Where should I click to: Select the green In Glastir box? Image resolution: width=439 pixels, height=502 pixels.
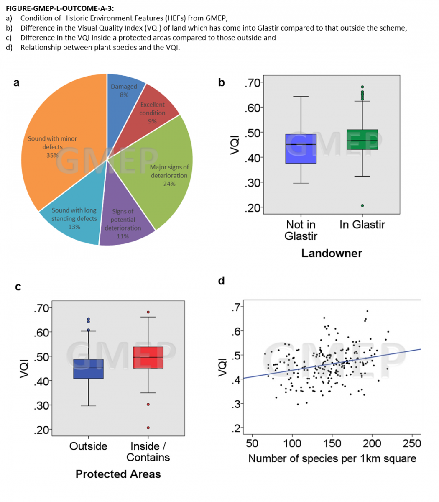[x=362, y=140]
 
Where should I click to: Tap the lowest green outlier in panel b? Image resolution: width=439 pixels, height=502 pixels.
[x=362, y=205]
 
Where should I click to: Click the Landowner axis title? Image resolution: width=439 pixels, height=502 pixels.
[x=332, y=253]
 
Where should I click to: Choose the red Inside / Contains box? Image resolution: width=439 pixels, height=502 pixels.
[x=148, y=357]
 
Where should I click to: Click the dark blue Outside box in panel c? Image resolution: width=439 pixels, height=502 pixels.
[x=88, y=369]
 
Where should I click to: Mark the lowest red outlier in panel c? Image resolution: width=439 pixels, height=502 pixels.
[x=148, y=428]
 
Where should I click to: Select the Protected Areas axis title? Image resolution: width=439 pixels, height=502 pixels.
[x=118, y=474]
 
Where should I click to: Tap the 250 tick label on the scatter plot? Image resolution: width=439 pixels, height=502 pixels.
[x=412, y=443]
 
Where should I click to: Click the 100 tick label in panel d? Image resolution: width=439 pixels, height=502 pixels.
[x=292, y=443]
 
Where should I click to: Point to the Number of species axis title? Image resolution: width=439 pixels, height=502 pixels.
[x=332, y=458]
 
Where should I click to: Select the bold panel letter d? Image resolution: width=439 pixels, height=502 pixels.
[x=222, y=281]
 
